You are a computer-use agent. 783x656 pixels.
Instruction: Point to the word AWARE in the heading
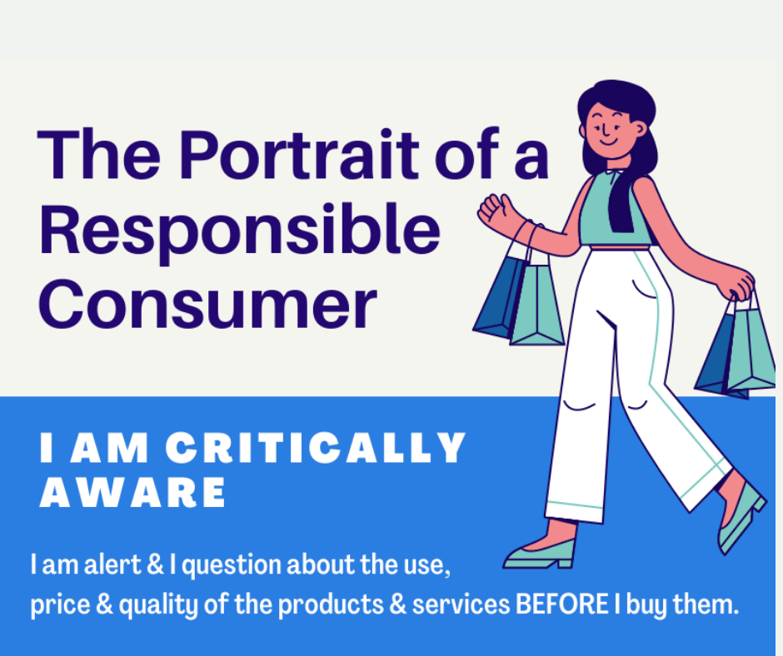[132, 492]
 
